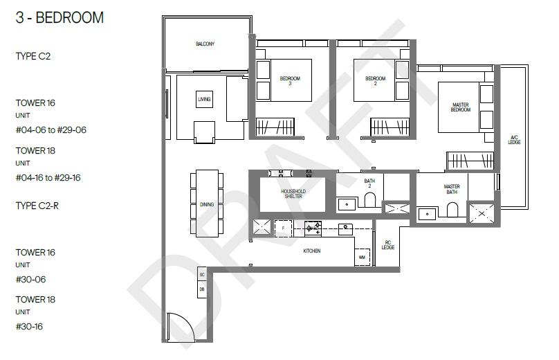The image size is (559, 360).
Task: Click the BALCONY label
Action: point(205,44)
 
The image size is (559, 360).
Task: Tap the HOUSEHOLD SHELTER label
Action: point(293,194)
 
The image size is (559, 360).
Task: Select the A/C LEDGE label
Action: point(514,140)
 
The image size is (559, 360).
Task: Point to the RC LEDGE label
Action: point(388,245)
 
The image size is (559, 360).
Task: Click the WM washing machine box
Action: point(363,258)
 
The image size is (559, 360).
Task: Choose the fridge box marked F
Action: point(284,228)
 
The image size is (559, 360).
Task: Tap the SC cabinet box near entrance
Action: point(202,274)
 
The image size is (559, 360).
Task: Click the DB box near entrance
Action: point(202,289)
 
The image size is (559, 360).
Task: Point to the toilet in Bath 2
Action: point(370,200)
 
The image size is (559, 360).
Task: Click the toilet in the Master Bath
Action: point(452,210)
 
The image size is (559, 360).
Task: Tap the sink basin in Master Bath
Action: point(427,214)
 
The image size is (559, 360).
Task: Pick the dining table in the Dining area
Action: point(207,204)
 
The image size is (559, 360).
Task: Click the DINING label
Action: point(207,204)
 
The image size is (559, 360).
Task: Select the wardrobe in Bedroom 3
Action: point(275,126)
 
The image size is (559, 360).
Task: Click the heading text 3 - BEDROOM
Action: point(59,17)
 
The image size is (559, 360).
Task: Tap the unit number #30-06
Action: point(30,280)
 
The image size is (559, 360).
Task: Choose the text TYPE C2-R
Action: point(37,206)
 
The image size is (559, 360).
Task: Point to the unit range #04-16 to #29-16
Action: point(48,178)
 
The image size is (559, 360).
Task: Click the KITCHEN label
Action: point(312,251)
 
